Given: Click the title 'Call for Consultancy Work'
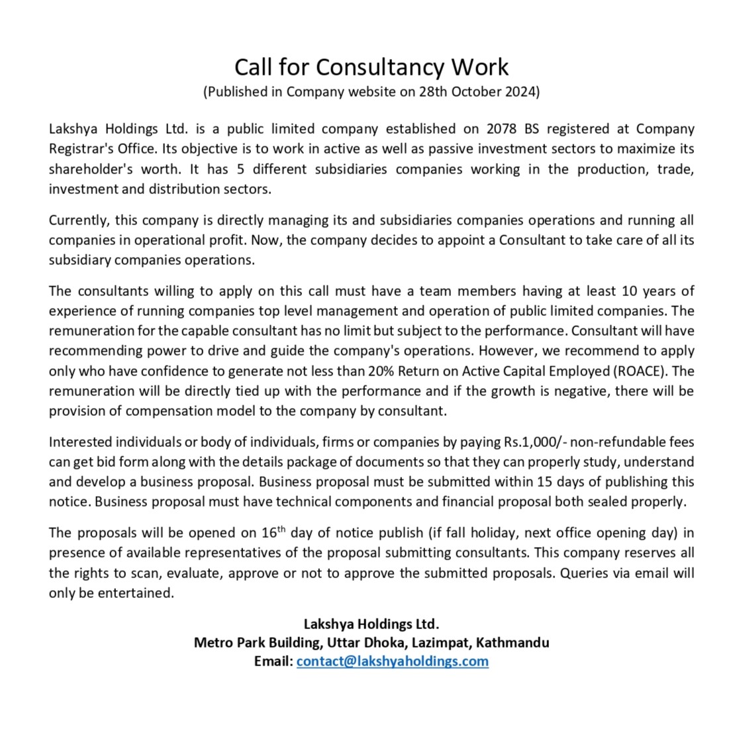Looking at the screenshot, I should pos(371,67).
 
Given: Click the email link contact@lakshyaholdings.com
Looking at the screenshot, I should pos(393,661).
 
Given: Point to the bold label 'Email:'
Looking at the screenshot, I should pos(273,661).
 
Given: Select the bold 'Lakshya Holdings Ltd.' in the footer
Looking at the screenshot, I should pos(371,623).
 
